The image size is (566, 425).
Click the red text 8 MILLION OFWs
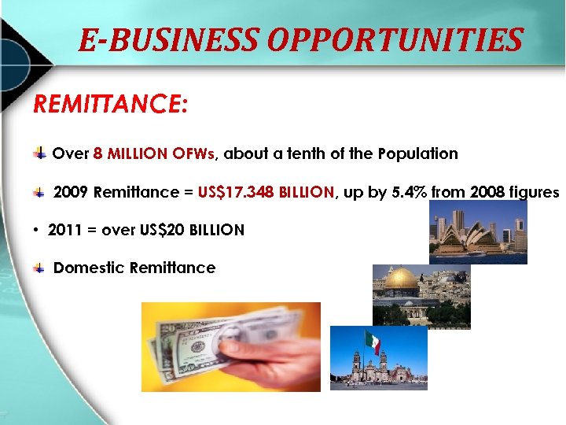153,153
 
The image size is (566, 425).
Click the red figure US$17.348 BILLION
266,192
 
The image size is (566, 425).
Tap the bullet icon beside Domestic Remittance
39,268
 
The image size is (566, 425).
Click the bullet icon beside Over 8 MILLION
39,153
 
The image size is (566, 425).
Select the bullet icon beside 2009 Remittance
39,193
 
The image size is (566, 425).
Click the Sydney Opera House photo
478,231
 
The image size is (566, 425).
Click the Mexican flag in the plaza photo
373,342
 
